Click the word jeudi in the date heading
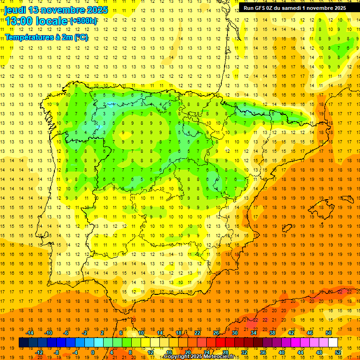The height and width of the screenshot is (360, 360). (x=15, y=10)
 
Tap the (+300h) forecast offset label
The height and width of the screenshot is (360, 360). (x=83, y=21)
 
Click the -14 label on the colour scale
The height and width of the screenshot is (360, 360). (x=30, y=333)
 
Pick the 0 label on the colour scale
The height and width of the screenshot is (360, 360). (x=93, y=352)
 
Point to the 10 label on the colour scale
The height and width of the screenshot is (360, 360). (x=141, y=333)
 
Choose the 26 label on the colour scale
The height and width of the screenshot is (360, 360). (x=216, y=333)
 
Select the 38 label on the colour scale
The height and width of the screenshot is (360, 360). (x=272, y=333)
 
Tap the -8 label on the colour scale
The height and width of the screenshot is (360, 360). (x=56, y=352)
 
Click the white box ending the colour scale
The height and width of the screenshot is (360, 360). (x=333, y=342)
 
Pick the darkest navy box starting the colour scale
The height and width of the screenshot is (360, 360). (x=23, y=342)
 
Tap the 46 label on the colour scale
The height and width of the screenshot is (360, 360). (x=310, y=333)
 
